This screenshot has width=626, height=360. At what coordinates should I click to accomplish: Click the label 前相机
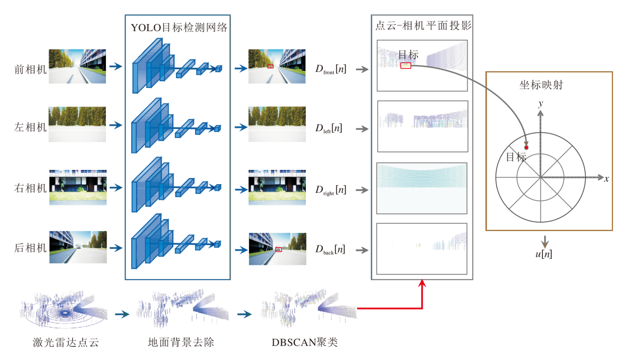[30, 68]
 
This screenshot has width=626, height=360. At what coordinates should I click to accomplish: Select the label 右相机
[30, 189]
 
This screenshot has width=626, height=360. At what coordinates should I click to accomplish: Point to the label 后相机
[30, 248]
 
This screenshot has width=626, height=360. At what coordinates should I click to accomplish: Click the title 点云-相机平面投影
[423, 25]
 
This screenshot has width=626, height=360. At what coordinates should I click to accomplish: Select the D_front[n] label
[331, 69]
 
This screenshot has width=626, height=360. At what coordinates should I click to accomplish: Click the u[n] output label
[544, 254]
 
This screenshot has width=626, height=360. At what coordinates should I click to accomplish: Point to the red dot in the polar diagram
[527, 148]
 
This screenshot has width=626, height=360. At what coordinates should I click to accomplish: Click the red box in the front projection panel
[406, 66]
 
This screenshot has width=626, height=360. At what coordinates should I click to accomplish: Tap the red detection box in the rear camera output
[278, 249]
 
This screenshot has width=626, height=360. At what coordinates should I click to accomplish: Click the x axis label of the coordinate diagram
[607, 178]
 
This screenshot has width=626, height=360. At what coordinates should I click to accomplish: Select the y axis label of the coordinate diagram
[541, 104]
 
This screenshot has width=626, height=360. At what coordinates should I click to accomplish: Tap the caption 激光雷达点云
[66, 342]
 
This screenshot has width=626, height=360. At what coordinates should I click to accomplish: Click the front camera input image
[78, 66]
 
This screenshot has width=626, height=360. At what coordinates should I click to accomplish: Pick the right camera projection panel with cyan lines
[422, 189]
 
